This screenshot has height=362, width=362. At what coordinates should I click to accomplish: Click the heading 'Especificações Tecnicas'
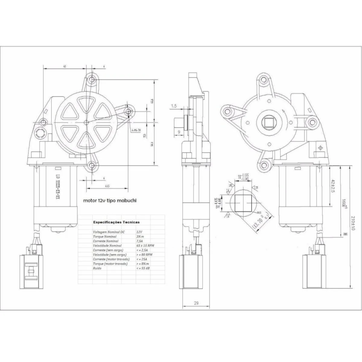click(x=116, y=223)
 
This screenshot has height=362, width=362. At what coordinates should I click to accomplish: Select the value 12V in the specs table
click(x=139, y=232)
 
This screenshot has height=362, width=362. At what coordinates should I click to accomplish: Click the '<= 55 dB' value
click(x=143, y=269)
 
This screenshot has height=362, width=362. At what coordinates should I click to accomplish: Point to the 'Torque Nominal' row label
click(x=106, y=237)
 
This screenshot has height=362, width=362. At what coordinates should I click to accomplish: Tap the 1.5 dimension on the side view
click(x=174, y=106)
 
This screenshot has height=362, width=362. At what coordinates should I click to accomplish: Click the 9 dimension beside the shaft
click(x=179, y=131)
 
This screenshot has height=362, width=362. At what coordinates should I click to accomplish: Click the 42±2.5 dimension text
click(x=333, y=185)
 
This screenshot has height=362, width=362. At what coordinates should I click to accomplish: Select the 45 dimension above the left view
click(x=65, y=67)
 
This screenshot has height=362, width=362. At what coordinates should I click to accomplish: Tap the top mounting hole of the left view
click(x=92, y=79)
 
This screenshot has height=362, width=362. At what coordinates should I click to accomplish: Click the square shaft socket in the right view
click(x=269, y=123)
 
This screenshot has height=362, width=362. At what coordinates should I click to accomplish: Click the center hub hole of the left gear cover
click(x=88, y=123)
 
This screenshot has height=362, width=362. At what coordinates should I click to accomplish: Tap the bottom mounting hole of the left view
click(x=91, y=166)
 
